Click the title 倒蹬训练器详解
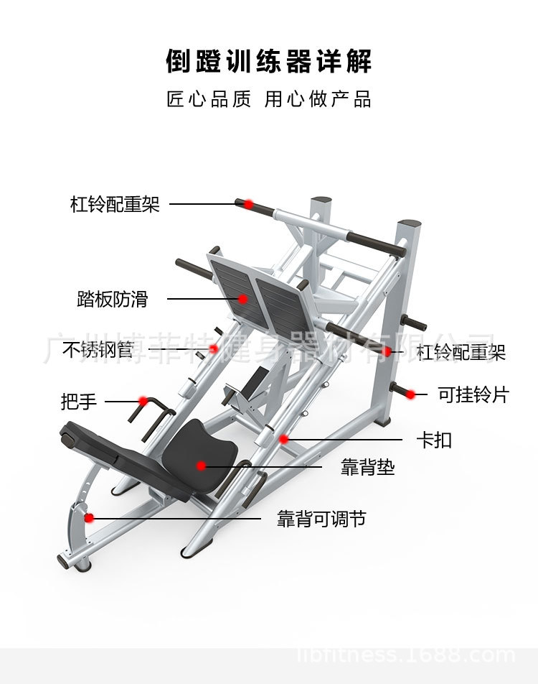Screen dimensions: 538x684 (x=269, y=61)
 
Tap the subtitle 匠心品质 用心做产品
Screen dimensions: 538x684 (x=269, y=99)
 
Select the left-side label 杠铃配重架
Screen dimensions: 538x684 (x=115, y=204)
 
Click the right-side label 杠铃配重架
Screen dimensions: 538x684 (x=461, y=352)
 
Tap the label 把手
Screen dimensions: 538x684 (x=79, y=401)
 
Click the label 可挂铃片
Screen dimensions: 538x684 (x=473, y=394)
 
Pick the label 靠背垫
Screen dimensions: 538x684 (x=367, y=468)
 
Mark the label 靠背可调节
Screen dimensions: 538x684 (x=321, y=519)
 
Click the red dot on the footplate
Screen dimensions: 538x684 (x=243, y=299)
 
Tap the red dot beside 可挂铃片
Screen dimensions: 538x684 (x=411, y=394)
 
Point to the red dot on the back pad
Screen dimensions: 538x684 (x=202, y=466)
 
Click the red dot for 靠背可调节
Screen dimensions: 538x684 (x=89, y=517)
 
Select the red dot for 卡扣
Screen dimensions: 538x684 (x=284, y=438)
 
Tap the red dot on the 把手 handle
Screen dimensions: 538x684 (x=143, y=400)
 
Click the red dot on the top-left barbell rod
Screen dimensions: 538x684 (x=248, y=204)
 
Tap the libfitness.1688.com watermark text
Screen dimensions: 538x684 (x=406, y=655)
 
